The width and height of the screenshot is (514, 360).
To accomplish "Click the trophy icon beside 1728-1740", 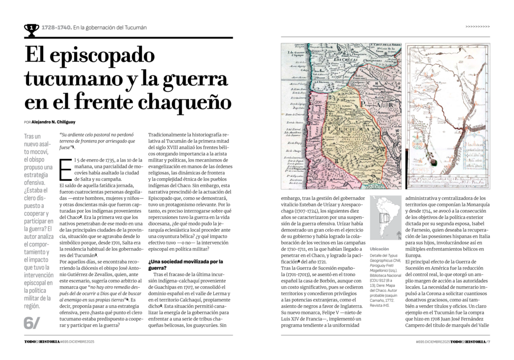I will click(31, 29).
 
